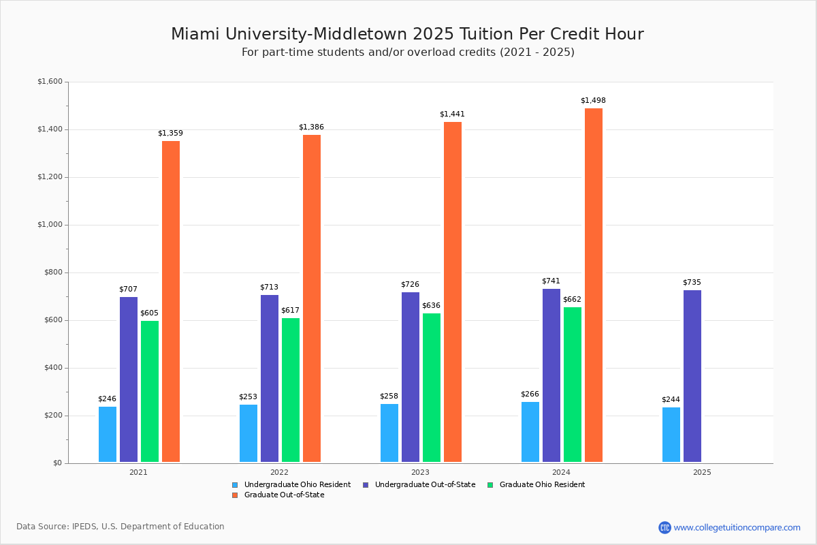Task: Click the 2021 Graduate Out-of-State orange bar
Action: (171, 302)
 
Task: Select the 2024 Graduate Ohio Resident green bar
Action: (573, 385)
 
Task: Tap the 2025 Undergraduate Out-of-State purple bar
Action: (692, 376)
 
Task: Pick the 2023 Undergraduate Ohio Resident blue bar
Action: (389, 433)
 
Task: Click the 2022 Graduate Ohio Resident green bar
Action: (291, 390)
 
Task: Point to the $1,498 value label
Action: (593, 100)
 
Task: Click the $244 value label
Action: (671, 399)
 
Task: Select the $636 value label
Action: (431, 305)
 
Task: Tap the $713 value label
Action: (269, 287)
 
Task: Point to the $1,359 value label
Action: (170, 133)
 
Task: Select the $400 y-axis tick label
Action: (52, 368)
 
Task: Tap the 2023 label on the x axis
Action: (420, 471)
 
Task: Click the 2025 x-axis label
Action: (702, 471)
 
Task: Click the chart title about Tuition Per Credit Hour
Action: (407, 34)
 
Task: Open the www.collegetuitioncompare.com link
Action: (737, 527)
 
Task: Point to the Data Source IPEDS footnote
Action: (121, 527)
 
